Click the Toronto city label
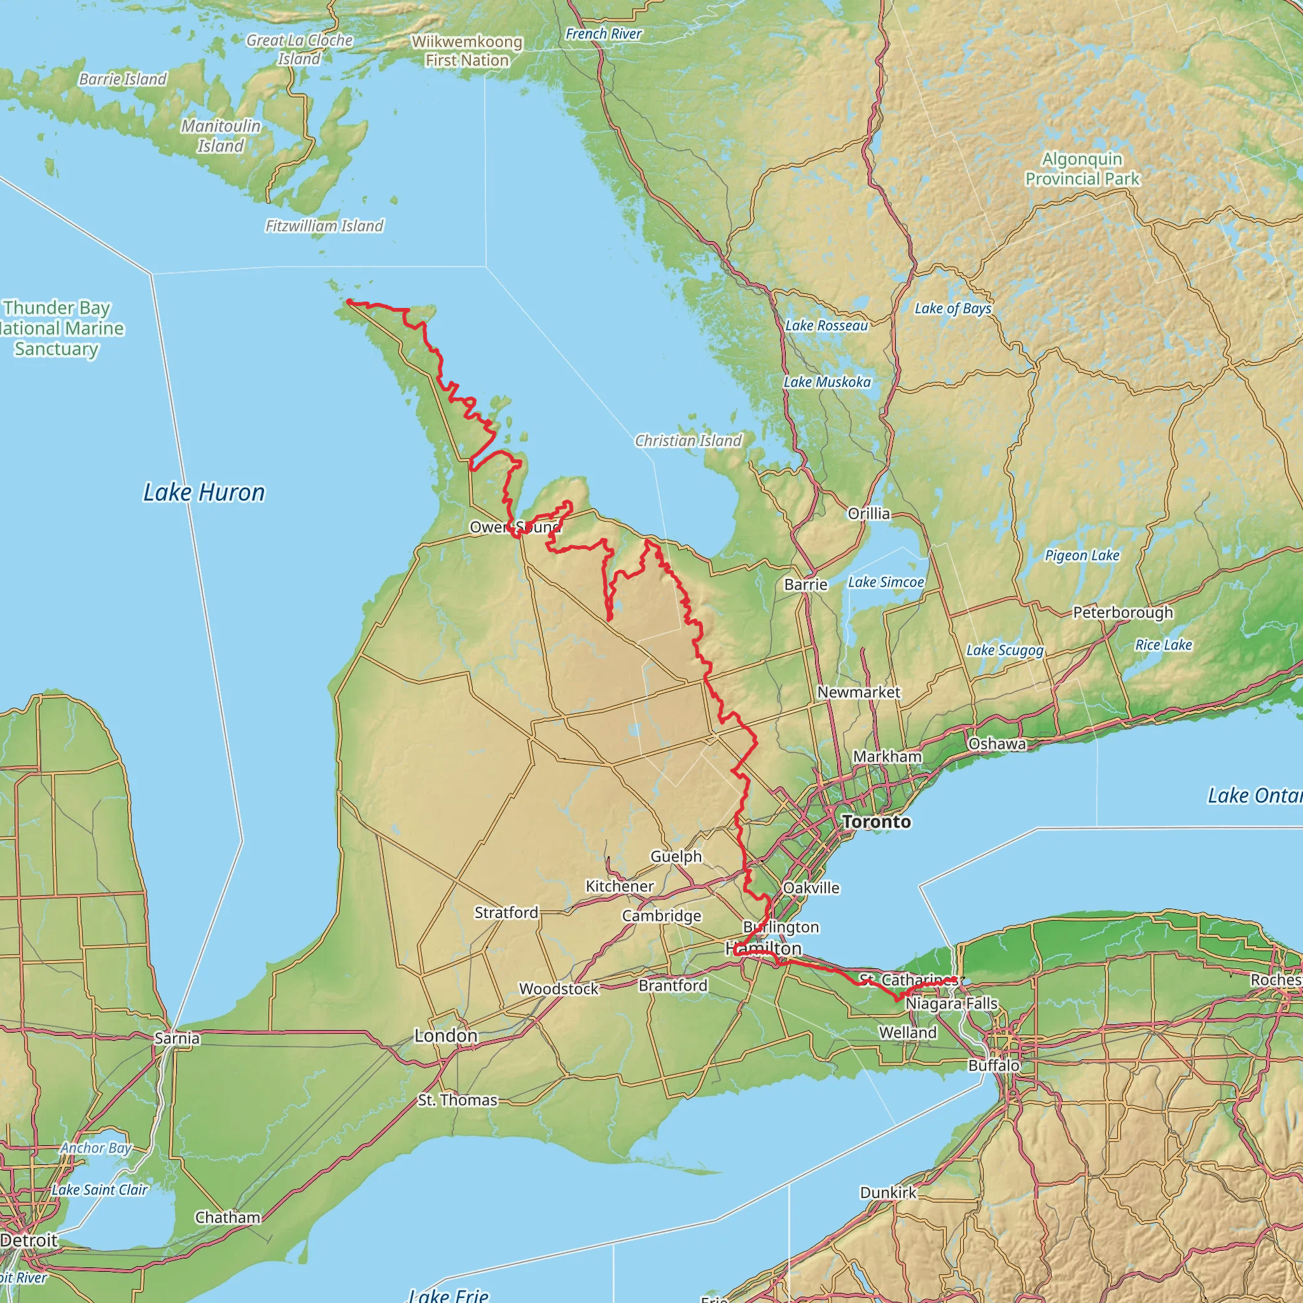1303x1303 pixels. click(876, 821)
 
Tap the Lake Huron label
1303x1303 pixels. click(204, 492)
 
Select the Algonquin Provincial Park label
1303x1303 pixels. click(1082, 169)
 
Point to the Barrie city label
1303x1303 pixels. click(805, 584)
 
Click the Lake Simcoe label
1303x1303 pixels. click(886, 582)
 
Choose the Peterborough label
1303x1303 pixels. click(1123, 613)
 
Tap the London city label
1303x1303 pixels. click(446, 1035)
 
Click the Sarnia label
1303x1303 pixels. click(177, 1038)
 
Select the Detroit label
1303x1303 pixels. click(29, 1240)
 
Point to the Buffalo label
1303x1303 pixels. click(994, 1065)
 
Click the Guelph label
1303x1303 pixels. click(676, 856)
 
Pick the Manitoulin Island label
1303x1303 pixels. click(221, 136)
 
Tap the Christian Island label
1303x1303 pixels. click(688, 440)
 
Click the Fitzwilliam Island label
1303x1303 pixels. click(324, 226)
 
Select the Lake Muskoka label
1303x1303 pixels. click(827, 382)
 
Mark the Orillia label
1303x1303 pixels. click(868, 513)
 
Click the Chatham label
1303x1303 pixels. click(227, 1217)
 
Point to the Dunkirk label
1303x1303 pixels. click(888, 1192)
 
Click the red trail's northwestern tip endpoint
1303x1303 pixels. click(349, 302)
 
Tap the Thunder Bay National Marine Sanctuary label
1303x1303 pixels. click(57, 328)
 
